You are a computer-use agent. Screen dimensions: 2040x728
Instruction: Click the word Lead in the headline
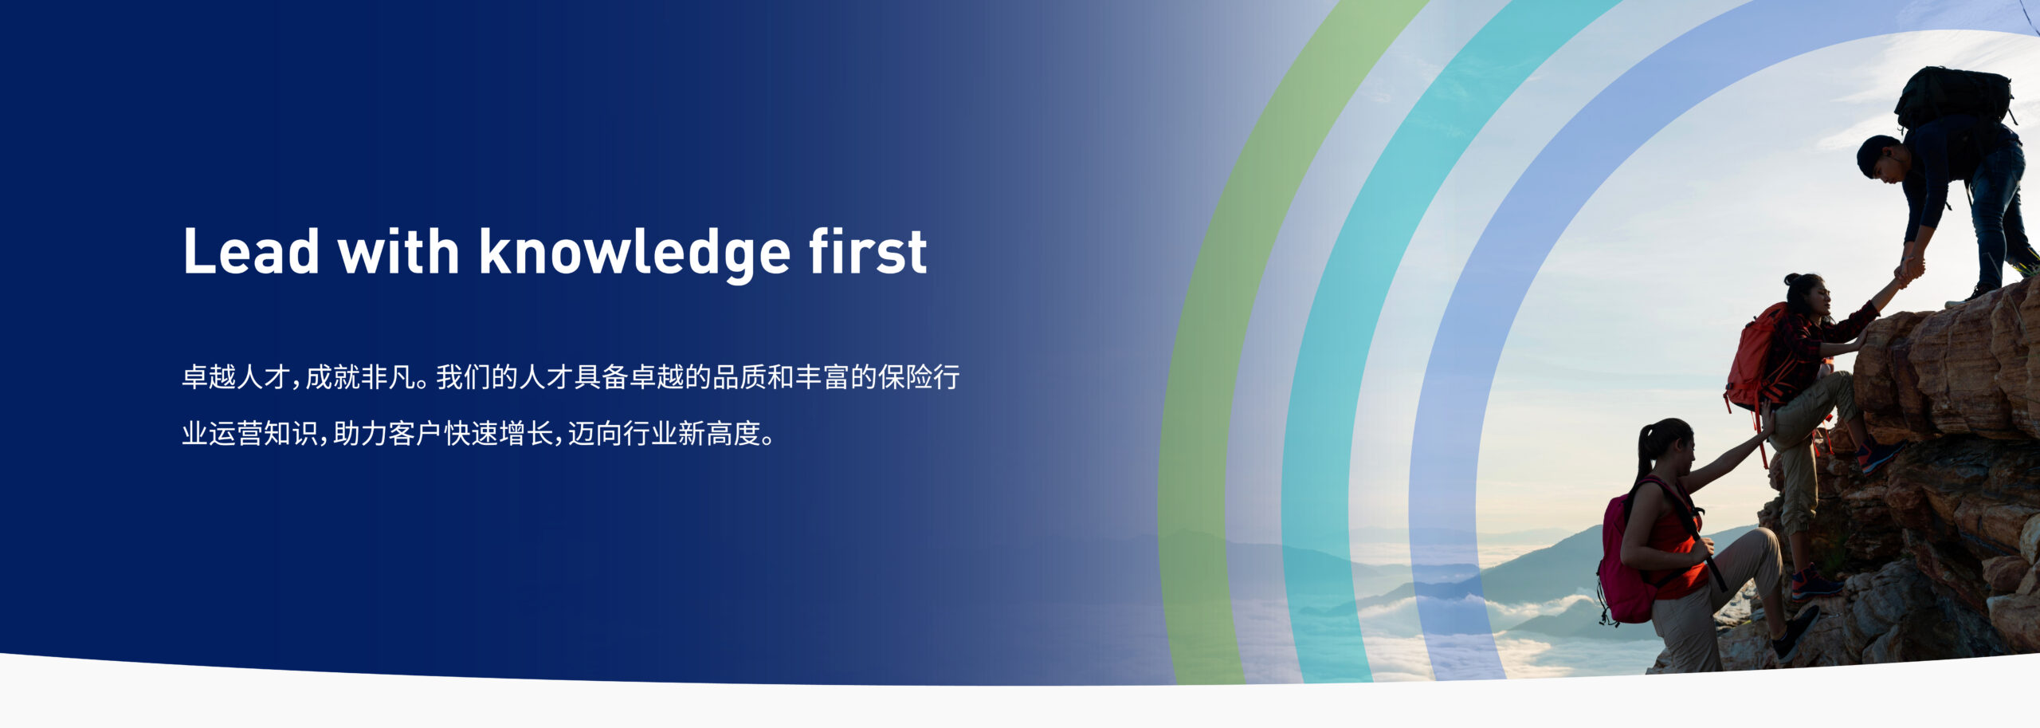(x=251, y=252)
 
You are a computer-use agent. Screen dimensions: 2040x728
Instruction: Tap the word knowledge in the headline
(x=634, y=254)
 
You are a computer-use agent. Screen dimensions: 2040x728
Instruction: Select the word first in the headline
(x=868, y=252)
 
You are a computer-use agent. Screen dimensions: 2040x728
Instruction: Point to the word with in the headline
(x=398, y=252)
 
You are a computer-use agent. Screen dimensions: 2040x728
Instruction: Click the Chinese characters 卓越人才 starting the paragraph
(x=236, y=377)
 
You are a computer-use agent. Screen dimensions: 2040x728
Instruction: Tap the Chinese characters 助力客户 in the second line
(x=387, y=434)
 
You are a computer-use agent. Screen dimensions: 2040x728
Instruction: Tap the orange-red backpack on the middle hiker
(x=1753, y=359)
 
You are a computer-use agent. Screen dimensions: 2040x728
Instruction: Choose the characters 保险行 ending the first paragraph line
(x=919, y=377)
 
